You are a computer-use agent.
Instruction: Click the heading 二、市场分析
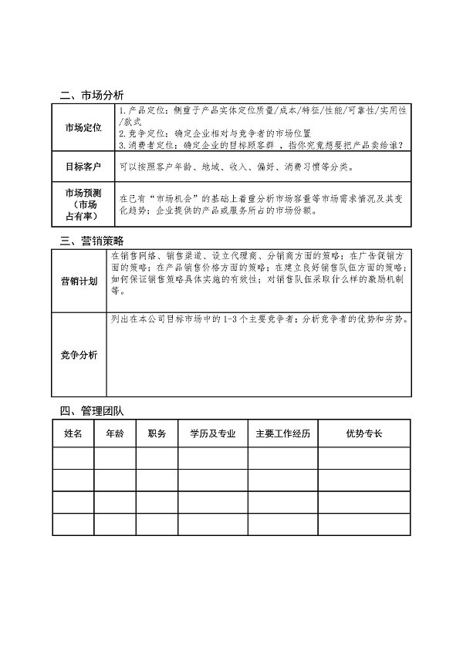92,96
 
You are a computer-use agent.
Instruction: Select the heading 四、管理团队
92,410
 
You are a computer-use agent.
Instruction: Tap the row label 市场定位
83,128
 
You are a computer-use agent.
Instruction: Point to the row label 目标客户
83,166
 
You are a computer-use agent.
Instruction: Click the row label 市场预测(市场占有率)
83,204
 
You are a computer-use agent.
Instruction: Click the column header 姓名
73,434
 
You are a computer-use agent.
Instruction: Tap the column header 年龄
114,434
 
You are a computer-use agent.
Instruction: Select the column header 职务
157,434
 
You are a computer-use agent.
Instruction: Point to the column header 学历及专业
212,434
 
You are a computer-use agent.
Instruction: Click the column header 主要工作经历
282,434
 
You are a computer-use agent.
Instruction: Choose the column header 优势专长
364,434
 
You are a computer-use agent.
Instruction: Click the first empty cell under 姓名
73,458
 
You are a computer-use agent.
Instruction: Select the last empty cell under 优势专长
364,524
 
